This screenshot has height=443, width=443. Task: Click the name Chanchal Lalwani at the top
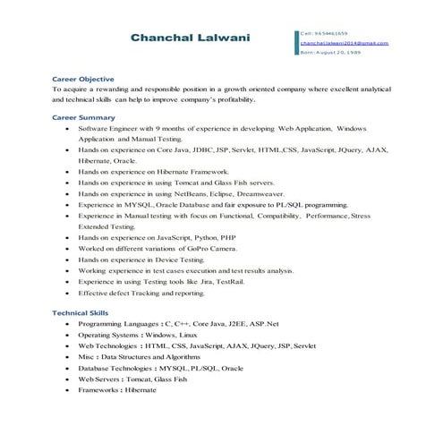[190, 38]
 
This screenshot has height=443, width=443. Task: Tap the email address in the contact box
[344, 42]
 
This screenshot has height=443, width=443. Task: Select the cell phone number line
[325, 32]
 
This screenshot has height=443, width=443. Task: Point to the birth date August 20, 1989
[329, 52]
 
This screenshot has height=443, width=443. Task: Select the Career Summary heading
[83, 117]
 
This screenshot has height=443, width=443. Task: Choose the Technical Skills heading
[81, 312]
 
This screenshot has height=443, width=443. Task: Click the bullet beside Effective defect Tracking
[68, 293]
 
